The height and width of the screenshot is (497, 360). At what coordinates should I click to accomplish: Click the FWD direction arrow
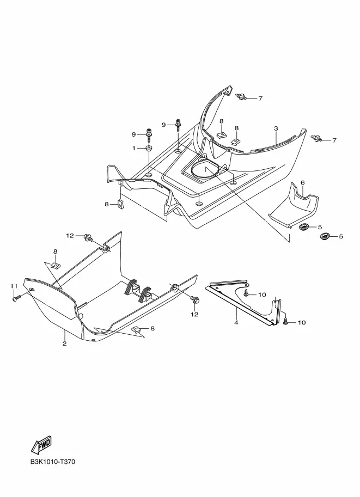click(x=42, y=446)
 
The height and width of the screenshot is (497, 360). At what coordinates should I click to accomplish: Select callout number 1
click(x=133, y=148)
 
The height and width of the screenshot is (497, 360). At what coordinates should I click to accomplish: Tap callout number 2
click(x=64, y=343)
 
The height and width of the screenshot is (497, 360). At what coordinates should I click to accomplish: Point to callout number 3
click(x=276, y=128)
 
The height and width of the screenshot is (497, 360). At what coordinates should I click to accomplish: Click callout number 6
click(x=302, y=182)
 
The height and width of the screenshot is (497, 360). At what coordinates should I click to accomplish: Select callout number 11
click(x=14, y=286)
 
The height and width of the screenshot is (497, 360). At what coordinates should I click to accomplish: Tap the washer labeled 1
click(x=148, y=148)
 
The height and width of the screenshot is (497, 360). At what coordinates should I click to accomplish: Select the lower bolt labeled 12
click(x=194, y=300)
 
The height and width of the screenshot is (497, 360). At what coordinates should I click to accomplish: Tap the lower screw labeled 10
click(x=286, y=322)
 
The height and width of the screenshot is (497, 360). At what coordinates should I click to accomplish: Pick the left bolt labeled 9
click(x=149, y=133)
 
